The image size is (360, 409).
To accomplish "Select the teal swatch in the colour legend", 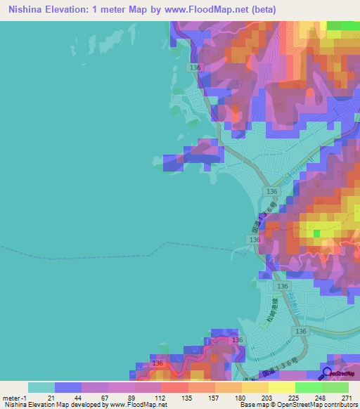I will coord(41,387).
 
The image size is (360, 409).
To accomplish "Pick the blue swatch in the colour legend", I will coord(68,387).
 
